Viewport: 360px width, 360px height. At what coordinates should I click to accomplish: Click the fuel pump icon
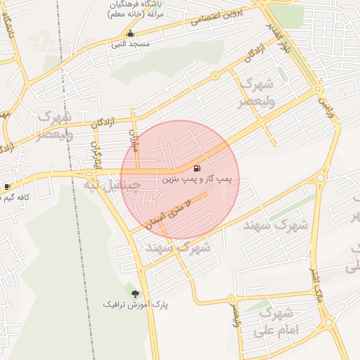(196, 169)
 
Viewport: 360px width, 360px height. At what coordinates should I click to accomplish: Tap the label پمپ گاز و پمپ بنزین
(201, 180)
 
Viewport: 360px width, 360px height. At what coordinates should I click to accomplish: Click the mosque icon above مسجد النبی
(129, 34)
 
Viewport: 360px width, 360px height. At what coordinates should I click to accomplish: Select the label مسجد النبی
(129, 44)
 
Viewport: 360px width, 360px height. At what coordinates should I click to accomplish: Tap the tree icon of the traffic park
(135, 293)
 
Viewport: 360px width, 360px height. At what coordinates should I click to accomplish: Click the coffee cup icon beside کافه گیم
(7, 187)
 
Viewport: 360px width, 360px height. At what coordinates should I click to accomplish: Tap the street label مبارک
(136, 138)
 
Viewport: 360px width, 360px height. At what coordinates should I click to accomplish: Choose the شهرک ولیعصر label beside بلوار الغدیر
(255, 92)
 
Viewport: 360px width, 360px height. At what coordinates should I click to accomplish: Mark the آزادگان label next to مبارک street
(105, 120)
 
